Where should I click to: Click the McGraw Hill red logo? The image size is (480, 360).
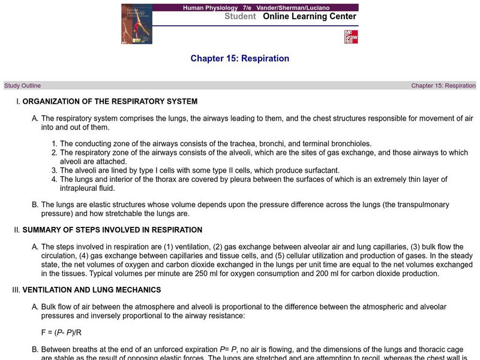(350, 36)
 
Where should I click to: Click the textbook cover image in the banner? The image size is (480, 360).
(137, 23)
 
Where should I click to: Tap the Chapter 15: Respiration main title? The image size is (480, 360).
(240, 58)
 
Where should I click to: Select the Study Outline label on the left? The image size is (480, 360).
(23, 86)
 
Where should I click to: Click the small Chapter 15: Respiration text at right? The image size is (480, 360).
(443, 86)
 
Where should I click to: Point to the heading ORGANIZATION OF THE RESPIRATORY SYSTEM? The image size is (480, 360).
(110, 101)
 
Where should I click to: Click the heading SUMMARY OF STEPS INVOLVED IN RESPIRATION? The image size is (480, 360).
(112, 230)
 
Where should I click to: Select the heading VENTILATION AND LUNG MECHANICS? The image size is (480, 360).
(92, 290)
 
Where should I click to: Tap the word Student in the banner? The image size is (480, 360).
(241, 16)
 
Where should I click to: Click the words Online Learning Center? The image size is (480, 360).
(310, 16)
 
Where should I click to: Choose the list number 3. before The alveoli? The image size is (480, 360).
(54, 170)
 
